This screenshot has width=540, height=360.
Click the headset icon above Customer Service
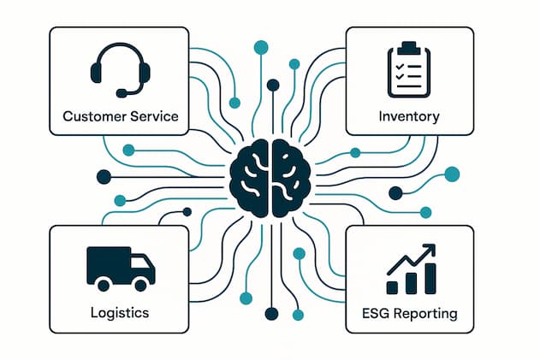120,69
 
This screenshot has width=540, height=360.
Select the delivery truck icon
121,267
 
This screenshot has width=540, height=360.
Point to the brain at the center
270,178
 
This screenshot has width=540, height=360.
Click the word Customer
91,115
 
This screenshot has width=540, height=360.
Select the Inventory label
408,115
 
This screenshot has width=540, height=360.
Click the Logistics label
119,312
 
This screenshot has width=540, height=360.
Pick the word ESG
372,313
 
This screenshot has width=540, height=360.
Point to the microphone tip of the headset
123,92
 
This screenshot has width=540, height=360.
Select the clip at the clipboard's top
408,45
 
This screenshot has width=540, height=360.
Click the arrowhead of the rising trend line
430,249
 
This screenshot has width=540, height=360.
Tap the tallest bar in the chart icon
430,278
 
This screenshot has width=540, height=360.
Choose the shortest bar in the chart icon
393,287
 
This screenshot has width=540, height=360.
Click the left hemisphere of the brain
251,178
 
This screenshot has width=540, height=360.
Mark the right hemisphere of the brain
290,178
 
